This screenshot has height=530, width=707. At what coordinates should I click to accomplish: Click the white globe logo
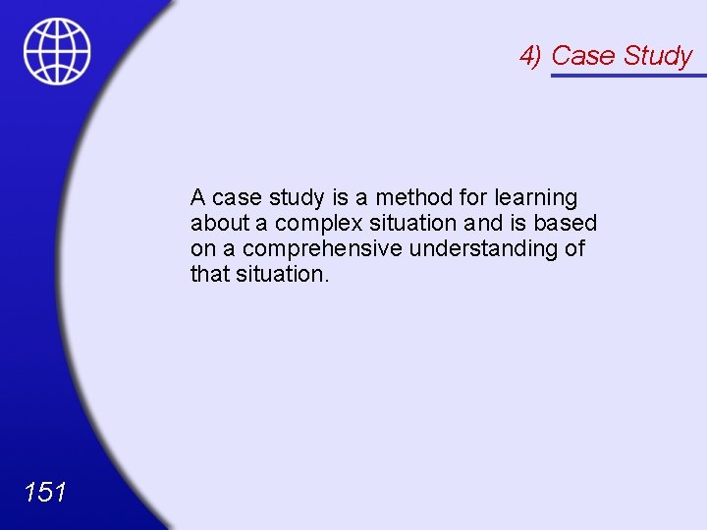[57, 51]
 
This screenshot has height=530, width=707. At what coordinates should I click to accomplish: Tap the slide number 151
[44, 492]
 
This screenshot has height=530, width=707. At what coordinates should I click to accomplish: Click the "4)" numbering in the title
[531, 56]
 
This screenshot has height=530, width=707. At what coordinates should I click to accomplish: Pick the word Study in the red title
[657, 57]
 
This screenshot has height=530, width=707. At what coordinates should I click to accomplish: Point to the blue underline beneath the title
[628, 75]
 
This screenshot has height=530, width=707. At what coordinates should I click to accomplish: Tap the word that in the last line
[209, 274]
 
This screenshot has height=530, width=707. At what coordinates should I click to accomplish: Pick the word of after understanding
[574, 248]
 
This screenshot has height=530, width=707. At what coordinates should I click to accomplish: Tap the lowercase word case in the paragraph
[237, 198]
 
